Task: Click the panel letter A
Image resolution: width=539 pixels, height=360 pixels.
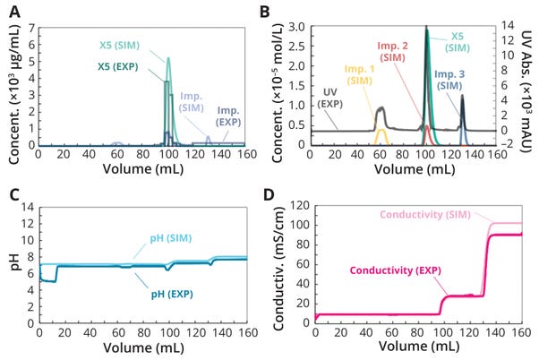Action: pyautogui.click(x=14, y=12)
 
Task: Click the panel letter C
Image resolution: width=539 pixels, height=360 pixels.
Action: pyautogui.click(x=14, y=194)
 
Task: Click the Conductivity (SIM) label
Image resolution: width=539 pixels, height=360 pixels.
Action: pyautogui.click(x=434, y=215)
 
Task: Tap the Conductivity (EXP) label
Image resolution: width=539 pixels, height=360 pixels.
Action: pyautogui.click(x=398, y=270)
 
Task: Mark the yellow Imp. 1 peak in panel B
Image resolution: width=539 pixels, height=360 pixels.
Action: pyautogui.click(x=381, y=136)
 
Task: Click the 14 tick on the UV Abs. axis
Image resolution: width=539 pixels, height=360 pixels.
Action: pyautogui.click(x=505, y=28)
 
